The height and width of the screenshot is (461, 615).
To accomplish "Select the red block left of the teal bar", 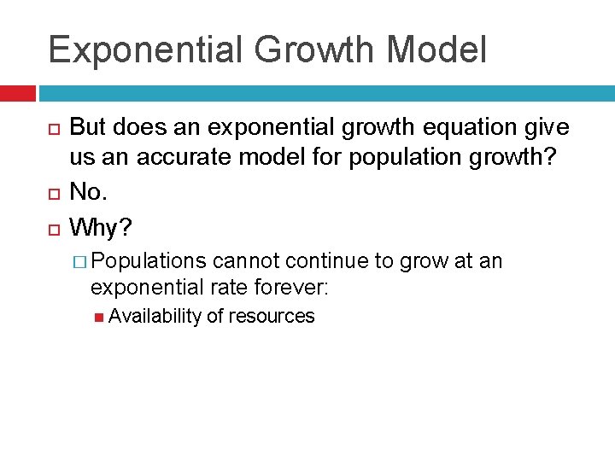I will click(17, 93).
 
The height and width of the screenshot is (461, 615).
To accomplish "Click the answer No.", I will click(89, 192).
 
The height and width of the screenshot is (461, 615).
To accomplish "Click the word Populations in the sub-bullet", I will click(149, 261).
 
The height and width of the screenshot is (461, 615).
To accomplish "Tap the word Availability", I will click(155, 316).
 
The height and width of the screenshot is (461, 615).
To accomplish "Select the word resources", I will click(272, 316).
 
